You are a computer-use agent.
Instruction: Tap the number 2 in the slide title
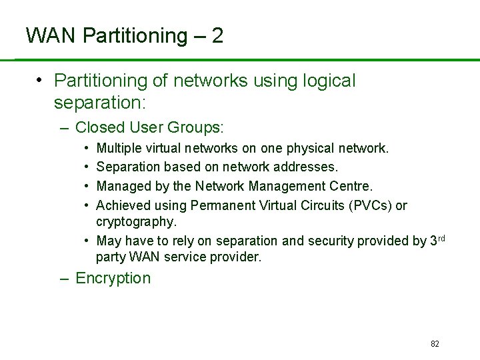217,35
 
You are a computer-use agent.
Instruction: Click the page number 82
435,344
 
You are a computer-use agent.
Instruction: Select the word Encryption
113,278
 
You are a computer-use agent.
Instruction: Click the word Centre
349,186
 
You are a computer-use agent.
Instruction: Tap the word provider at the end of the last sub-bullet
237,257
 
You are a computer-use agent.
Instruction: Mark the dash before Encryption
64,279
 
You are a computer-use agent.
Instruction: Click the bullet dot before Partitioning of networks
41,81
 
